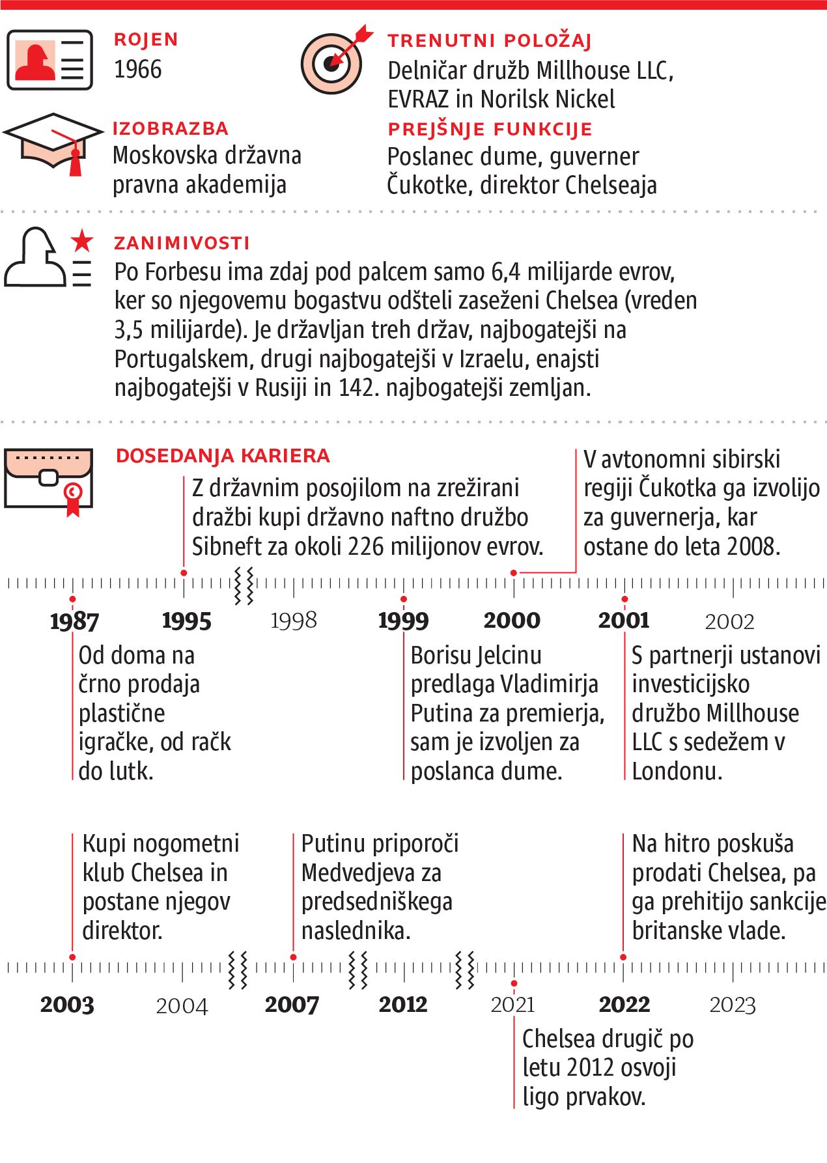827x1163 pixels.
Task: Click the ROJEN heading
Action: pos(146,40)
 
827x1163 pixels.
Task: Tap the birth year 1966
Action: pos(137,69)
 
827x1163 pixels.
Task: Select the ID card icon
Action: pos(49,60)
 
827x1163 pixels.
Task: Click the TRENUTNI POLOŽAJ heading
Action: pos(490,41)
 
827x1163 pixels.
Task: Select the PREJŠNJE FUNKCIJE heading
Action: pos(490,129)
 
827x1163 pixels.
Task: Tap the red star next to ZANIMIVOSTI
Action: pos(82,241)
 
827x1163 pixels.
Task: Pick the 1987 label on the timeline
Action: pos(74,621)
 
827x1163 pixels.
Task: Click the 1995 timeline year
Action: pos(187,621)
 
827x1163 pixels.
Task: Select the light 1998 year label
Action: pos(294,621)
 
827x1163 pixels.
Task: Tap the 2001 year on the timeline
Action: pos(624,621)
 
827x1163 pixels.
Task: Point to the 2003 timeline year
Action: pos(67,1005)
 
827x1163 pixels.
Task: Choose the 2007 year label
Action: pos(292,1005)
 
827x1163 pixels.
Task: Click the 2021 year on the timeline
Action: pos(513,1005)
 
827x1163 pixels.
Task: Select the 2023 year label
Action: pos(733,1005)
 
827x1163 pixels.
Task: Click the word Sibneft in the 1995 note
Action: pos(223,546)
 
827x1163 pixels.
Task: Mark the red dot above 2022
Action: pos(623,957)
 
